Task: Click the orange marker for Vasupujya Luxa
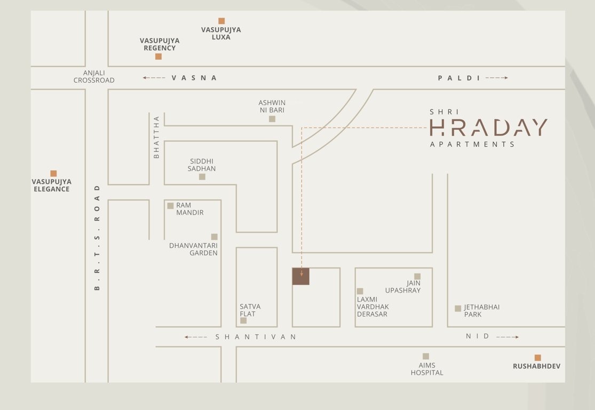221,21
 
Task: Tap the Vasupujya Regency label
160,44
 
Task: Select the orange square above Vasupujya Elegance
53,174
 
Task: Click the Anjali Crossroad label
94,76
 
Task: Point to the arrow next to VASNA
154,78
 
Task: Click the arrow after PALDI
496,78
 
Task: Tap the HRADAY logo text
488,128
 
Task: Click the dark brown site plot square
300,276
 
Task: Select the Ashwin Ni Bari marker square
272,119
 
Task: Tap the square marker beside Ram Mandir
170,206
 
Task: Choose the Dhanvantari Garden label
194,249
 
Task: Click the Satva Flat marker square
243,320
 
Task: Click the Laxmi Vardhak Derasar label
372,307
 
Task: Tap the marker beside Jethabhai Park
458,309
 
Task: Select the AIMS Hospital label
427,369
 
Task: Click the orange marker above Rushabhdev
537,358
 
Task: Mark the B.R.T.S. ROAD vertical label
97,238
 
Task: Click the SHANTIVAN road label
256,337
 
